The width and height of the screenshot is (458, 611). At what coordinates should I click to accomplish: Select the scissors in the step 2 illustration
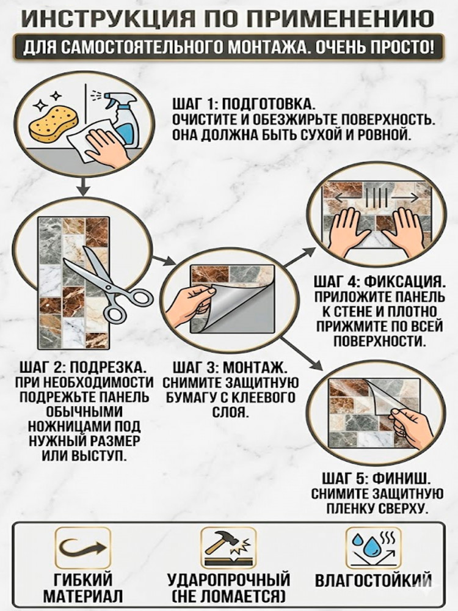pyautogui.click(x=104, y=286)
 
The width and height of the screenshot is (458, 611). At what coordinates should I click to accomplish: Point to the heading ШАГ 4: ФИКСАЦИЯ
pyautogui.click(x=379, y=282)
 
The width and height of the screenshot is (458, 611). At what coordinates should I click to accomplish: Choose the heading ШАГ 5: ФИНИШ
pyautogui.click(x=377, y=479)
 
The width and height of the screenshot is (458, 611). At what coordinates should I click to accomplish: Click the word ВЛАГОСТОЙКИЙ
pyautogui.click(x=374, y=580)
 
